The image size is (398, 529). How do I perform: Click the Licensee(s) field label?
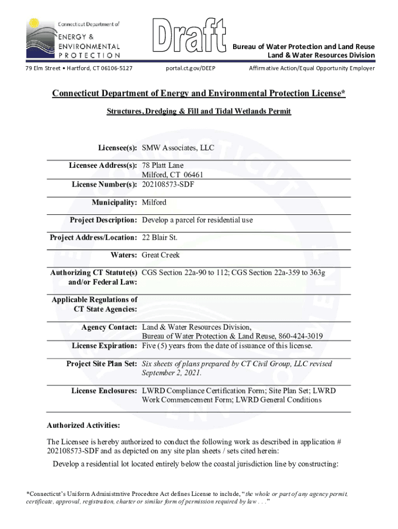click(117, 148)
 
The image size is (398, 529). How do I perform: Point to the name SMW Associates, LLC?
click(178, 148)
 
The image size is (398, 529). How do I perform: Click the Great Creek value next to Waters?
click(161, 255)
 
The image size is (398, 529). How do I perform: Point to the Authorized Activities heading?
click(83, 425)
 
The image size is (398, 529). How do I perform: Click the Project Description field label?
click(103, 220)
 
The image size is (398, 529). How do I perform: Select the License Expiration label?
click(104, 345)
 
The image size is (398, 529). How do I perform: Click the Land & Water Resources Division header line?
click(320, 55)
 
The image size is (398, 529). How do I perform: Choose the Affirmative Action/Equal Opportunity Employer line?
click(312, 68)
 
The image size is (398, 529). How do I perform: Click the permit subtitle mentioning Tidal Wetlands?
click(198, 112)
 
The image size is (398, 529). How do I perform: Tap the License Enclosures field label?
click(104, 391)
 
